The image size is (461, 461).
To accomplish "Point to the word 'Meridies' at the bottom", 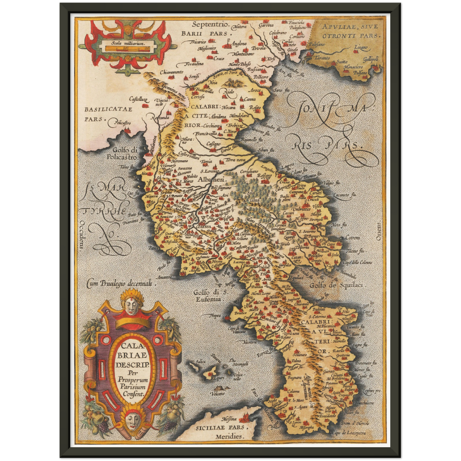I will pyautogui.click(x=229, y=436).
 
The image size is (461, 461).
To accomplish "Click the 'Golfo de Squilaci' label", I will pyautogui.click(x=336, y=285).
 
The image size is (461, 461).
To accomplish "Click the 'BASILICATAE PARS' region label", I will pyautogui.click(x=108, y=114).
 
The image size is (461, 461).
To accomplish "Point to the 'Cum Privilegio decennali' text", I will pyautogui.click(x=122, y=283).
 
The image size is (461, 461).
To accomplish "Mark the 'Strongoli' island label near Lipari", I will pyautogui.click(x=240, y=364).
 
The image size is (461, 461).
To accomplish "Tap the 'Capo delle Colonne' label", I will pyautogui.click(x=357, y=262).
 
